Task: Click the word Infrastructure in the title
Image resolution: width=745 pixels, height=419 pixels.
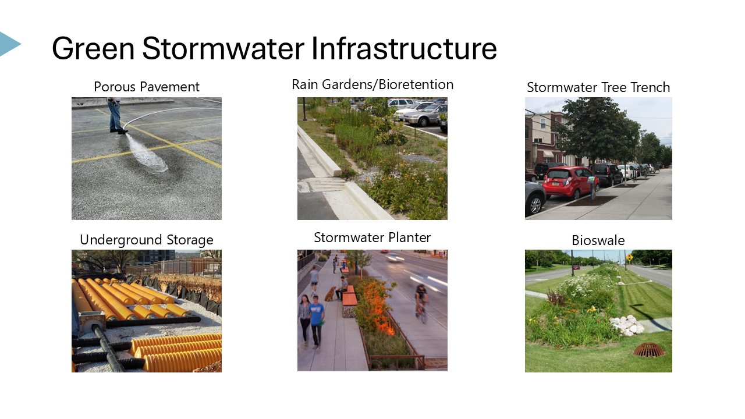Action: (x=404, y=48)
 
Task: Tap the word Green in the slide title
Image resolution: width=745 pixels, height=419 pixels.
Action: (x=93, y=48)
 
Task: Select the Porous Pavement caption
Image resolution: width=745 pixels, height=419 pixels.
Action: (x=146, y=87)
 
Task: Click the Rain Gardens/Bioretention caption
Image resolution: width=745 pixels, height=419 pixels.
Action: (x=372, y=84)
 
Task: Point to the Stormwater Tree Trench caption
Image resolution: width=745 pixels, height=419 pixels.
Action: (x=598, y=87)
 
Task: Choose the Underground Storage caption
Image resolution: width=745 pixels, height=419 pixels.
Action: (x=146, y=240)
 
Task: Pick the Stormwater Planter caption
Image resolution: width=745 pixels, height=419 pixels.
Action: (x=372, y=237)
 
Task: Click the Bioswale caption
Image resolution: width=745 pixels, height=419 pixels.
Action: (x=598, y=240)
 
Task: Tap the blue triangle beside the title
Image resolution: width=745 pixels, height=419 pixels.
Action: (x=10, y=44)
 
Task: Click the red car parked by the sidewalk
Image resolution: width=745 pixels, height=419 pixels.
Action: (x=570, y=183)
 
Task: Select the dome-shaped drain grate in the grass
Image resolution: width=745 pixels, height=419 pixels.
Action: (x=648, y=350)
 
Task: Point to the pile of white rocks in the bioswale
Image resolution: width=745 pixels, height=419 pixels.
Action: (x=627, y=325)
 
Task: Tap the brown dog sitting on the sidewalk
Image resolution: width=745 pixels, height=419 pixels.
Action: (x=330, y=294)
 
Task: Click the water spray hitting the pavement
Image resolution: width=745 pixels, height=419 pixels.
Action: (x=146, y=154)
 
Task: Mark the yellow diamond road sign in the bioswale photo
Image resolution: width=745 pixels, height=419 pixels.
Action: (x=629, y=258)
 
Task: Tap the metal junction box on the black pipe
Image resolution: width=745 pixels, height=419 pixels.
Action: (x=92, y=320)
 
